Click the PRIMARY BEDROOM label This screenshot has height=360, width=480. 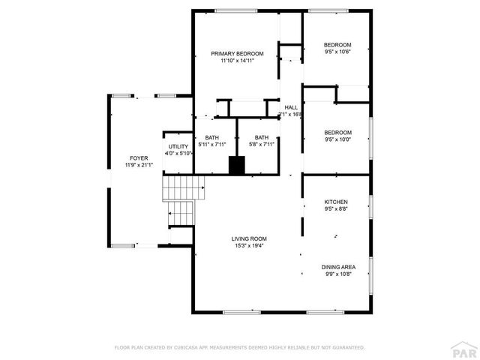tap(237, 53)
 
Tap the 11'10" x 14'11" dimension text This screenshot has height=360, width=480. tap(237, 61)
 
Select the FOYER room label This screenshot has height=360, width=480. tap(139, 158)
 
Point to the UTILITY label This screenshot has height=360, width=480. tap(178, 146)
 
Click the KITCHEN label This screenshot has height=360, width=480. tap(336, 202)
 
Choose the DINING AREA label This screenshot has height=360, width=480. tap(339, 267)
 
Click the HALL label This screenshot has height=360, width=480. tap(291, 107)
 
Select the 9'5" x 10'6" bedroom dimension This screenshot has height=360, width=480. tap(337, 52)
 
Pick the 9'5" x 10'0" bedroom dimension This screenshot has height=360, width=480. tap(337, 139)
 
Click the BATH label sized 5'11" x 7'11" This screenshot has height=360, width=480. tap(212, 137)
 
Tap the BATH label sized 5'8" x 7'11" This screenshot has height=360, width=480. tap(261, 137)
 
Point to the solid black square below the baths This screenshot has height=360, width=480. tap(237, 166)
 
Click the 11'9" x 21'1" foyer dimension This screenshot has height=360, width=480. tap(139, 165)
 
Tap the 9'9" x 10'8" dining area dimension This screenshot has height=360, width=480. tap(339, 274)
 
